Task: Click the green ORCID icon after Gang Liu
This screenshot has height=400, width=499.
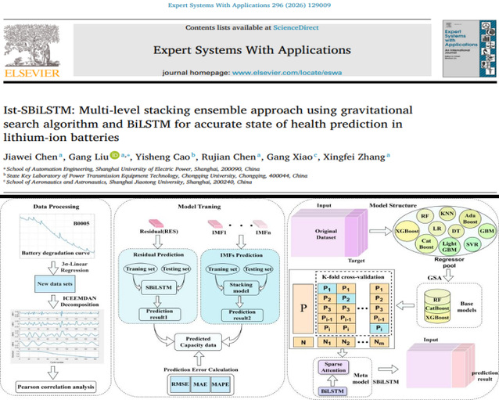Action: click(x=114, y=154)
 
